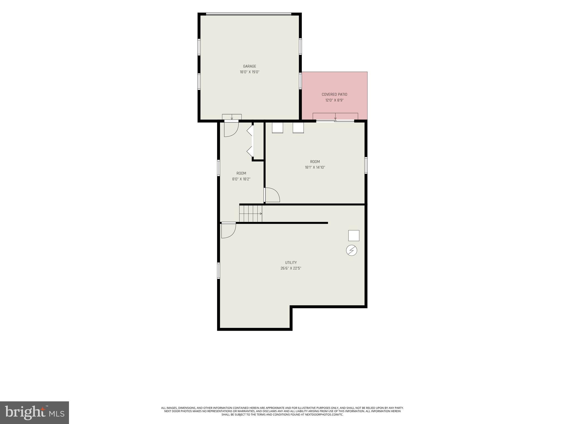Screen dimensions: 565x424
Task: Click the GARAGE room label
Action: (x=249, y=66)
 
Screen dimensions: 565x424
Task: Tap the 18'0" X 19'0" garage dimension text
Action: (x=249, y=72)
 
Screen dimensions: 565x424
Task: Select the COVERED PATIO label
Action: (x=334, y=94)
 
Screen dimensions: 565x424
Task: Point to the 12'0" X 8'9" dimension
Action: (x=334, y=100)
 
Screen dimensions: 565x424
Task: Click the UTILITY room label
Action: (x=291, y=263)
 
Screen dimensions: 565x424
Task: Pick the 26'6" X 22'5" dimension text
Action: (x=291, y=268)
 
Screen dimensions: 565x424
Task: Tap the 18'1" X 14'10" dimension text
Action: (x=315, y=167)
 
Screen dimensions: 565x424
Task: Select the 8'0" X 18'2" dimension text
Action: (x=241, y=179)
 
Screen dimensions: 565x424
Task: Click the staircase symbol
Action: (x=250, y=214)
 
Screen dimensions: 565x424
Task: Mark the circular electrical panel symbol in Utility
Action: (x=351, y=250)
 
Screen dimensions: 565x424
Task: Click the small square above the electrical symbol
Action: (x=354, y=235)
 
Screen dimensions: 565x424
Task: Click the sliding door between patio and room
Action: (x=335, y=121)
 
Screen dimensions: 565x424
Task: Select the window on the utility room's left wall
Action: (x=218, y=271)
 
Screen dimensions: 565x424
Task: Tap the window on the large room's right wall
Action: (x=366, y=165)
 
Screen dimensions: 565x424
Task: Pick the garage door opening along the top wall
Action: (x=249, y=14)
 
